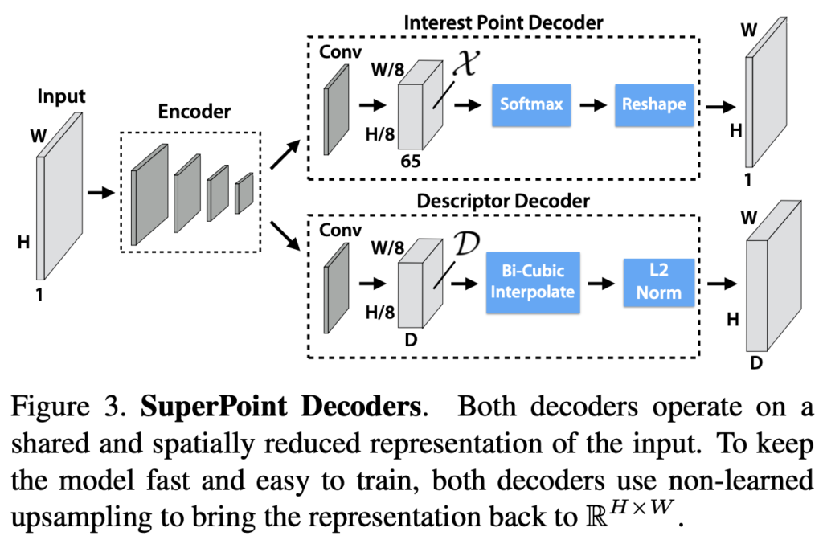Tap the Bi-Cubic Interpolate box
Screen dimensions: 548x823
(532, 280)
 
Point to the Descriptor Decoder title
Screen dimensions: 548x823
(503, 202)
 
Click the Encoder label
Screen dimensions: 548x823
(190, 112)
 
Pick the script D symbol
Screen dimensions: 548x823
(465, 242)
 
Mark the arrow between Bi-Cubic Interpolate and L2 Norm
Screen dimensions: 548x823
(598, 282)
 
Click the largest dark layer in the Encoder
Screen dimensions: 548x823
(150, 194)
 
